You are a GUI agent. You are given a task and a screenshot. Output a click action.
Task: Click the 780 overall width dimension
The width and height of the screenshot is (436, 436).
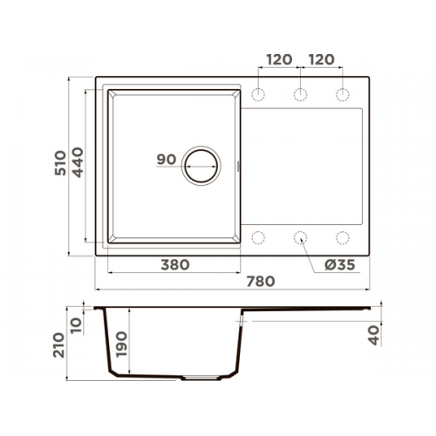pos(261,282)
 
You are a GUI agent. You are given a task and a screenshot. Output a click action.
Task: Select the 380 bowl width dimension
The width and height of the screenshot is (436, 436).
pos(175,265)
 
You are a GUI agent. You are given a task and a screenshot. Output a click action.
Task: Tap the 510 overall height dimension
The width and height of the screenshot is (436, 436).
pos(60,163)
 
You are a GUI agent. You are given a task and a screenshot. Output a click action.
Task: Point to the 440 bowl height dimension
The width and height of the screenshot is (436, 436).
pos(78,162)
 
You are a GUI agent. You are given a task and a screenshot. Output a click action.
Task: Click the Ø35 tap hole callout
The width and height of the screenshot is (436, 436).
pos(340,265)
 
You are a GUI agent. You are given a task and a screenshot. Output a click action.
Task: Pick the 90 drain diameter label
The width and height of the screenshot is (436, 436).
pos(167,160)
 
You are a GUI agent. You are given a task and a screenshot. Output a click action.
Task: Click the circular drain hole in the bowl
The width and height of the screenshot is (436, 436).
pos(201,166)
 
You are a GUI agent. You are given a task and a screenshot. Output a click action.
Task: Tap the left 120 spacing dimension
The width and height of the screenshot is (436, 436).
pos(279,59)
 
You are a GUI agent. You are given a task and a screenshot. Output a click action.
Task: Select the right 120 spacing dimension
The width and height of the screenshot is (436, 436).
pos(321,59)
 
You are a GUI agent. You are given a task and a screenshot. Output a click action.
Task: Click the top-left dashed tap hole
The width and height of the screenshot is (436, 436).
pos(258,94)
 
